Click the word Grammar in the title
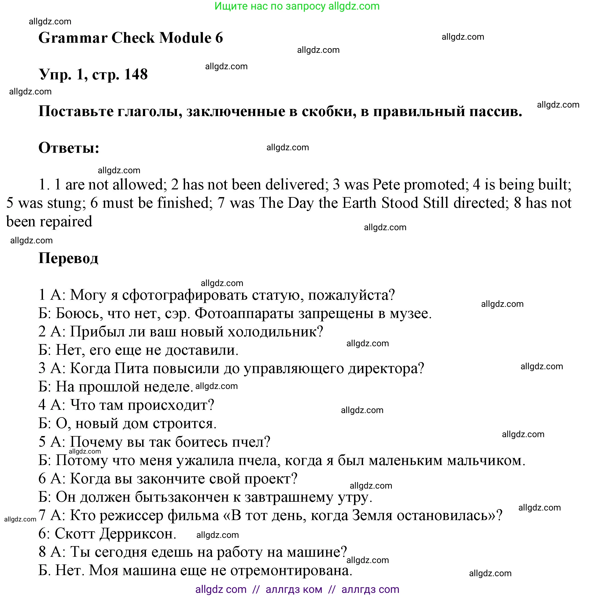tap(73, 38)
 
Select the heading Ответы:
tap(69, 148)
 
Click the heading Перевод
tap(68, 258)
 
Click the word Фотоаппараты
tap(244, 313)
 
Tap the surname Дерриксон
tap(137, 534)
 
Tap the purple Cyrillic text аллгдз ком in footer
tap(294, 589)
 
